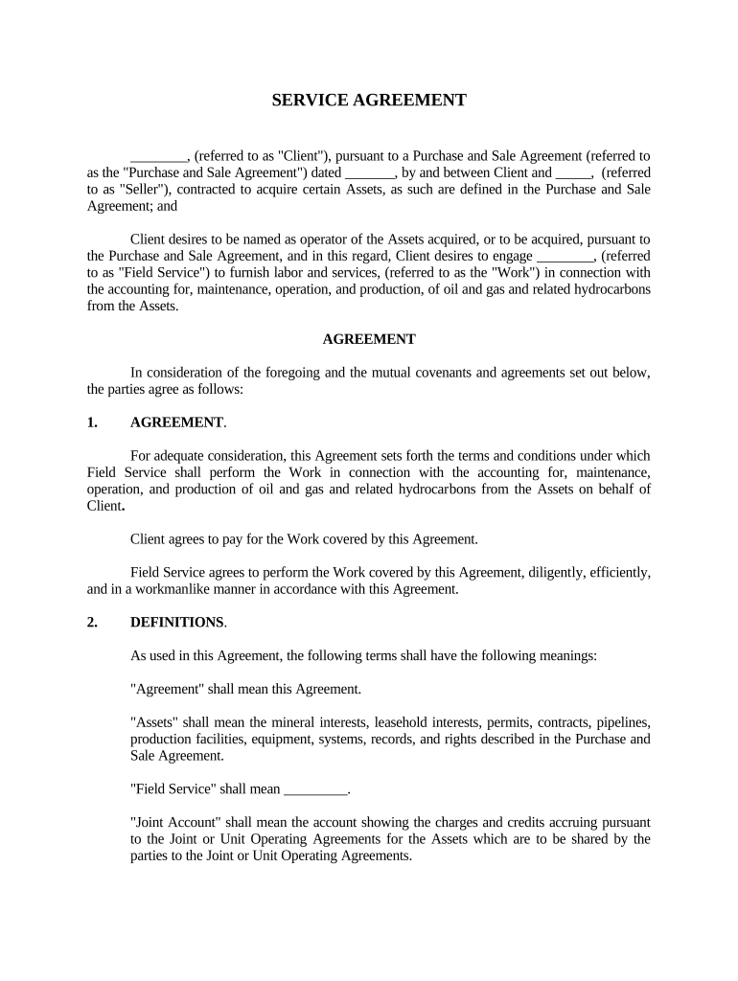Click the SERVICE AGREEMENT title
coord(369,101)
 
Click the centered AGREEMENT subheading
coord(369,339)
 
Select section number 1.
coord(92,422)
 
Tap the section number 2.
coord(92,623)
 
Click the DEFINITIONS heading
coord(176,623)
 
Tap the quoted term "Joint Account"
coord(173,823)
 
